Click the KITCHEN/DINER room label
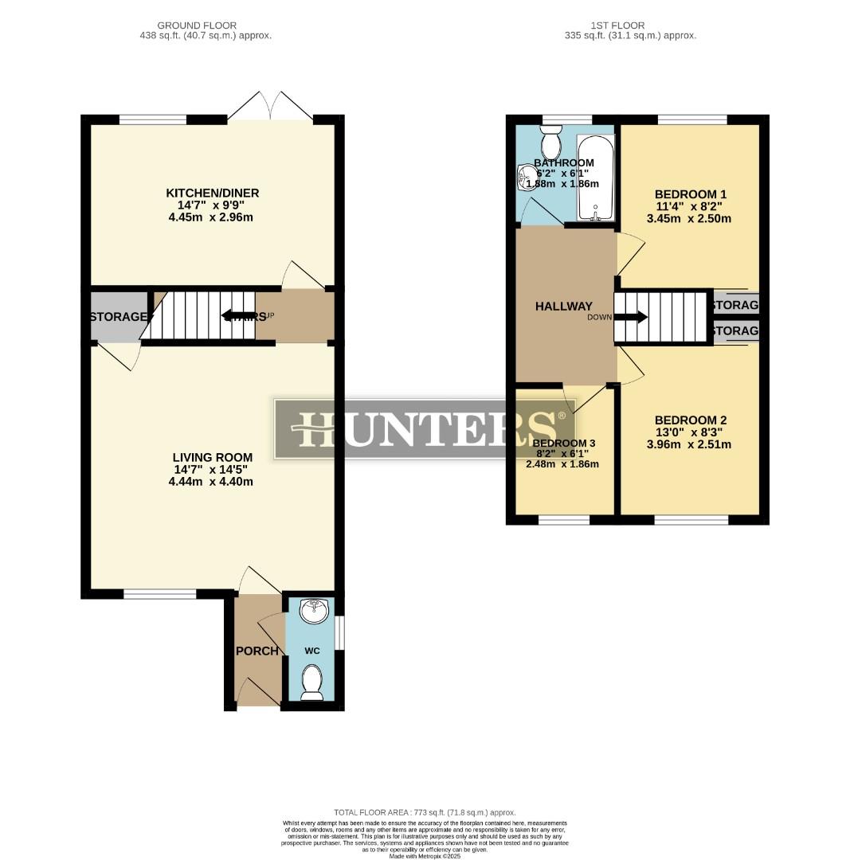pyautogui.click(x=212, y=193)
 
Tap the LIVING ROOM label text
pyautogui.click(x=212, y=457)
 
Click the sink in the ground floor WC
pyautogui.click(x=311, y=612)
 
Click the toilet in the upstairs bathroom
pyautogui.click(x=550, y=144)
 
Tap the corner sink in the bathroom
pyautogui.click(x=526, y=178)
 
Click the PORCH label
pyautogui.click(x=257, y=651)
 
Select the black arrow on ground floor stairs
pyautogui.click(x=237, y=316)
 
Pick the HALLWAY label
pyautogui.click(x=563, y=306)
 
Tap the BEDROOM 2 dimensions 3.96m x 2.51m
pyautogui.click(x=690, y=444)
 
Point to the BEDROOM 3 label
pyautogui.click(x=563, y=443)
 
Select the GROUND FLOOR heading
pyautogui.click(x=197, y=25)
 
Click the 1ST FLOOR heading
pyautogui.click(x=618, y=25)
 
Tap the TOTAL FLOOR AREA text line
pyautogui.click(x=425, y=811)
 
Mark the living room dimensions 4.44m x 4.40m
pyautogui.click(x=212, y=481)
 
